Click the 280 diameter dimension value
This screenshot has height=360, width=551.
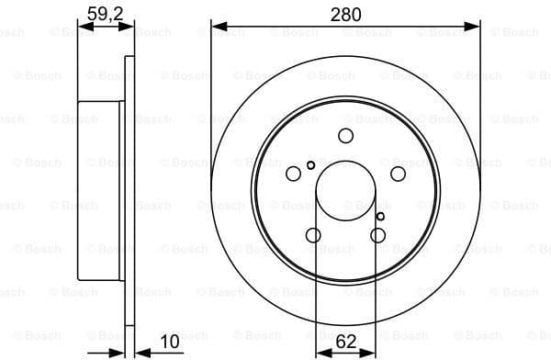(x=345, y=14)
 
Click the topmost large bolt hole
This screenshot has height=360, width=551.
(x=345, y=136)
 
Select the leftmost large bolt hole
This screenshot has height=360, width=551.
(x=293, y=174)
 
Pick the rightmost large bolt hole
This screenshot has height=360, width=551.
(x=398, y=174)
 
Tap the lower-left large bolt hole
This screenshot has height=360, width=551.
(x=313, y=235)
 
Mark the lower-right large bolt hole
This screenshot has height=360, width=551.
(x=377, y=235)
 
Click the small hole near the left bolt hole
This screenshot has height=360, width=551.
(x=311, y=165)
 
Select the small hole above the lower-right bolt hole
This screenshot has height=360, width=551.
(x=381, y=217)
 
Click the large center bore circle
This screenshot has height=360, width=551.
(x=345, y=193)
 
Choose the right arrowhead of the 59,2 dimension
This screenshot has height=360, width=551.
(x=129, y=27)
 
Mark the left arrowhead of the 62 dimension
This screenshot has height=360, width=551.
(x=320, y=351)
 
